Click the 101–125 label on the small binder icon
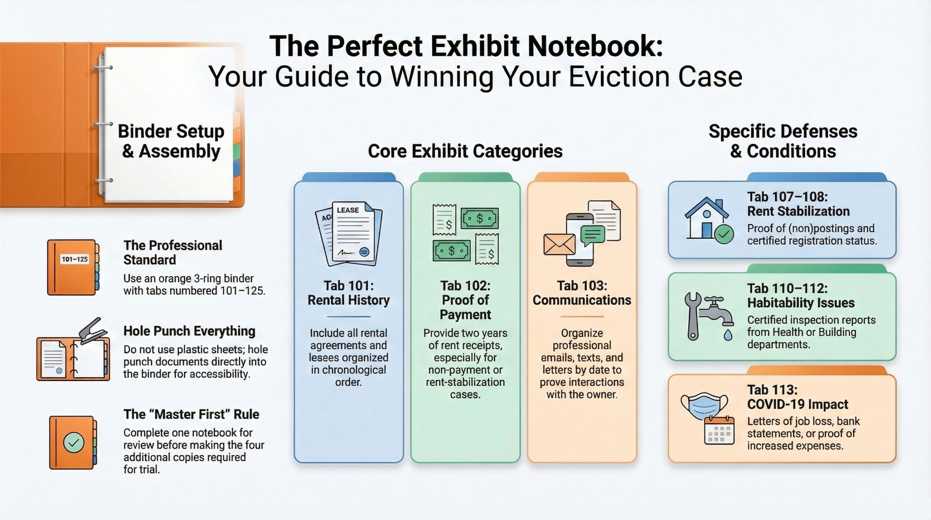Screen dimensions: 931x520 (x=75, y=259)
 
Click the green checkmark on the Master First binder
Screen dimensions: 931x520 (x=73, y=442)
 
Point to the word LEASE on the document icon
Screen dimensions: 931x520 (x=348, y=210)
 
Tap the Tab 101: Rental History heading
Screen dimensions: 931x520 (x=348, y=293)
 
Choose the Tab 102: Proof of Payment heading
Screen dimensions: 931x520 (x=465, y=300)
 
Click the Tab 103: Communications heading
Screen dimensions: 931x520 (x=582, y=293)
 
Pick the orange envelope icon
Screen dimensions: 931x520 (x=559, y=245)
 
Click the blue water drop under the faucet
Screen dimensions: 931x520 (x=728, y=335)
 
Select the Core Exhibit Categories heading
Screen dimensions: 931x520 (x=465, y=151)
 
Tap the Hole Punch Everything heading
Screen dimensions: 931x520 (x=189, y=331)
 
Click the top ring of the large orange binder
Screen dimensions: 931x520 (x=103, y=67)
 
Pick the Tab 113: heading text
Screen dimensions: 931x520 (x=772, y=390)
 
